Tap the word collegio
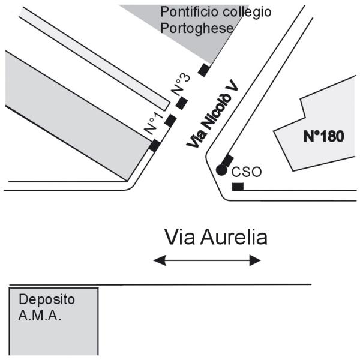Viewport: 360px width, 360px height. (247, 12)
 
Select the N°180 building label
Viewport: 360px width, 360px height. (323, 136)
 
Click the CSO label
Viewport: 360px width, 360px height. (246, 172)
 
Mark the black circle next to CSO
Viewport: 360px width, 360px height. (221, 170)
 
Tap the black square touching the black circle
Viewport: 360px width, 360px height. (228, 160)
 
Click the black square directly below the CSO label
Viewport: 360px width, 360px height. (238, 187)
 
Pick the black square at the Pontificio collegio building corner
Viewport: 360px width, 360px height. (204, 70)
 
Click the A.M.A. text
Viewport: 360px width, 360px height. (40, 315)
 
